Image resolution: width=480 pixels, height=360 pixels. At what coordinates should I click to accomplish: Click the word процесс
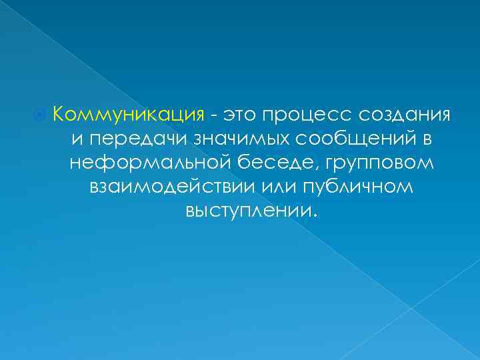click(307, 115)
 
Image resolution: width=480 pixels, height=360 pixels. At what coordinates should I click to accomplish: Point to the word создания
click(406, 115)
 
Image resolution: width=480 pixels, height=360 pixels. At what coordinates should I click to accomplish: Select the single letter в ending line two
click(426, 139)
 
